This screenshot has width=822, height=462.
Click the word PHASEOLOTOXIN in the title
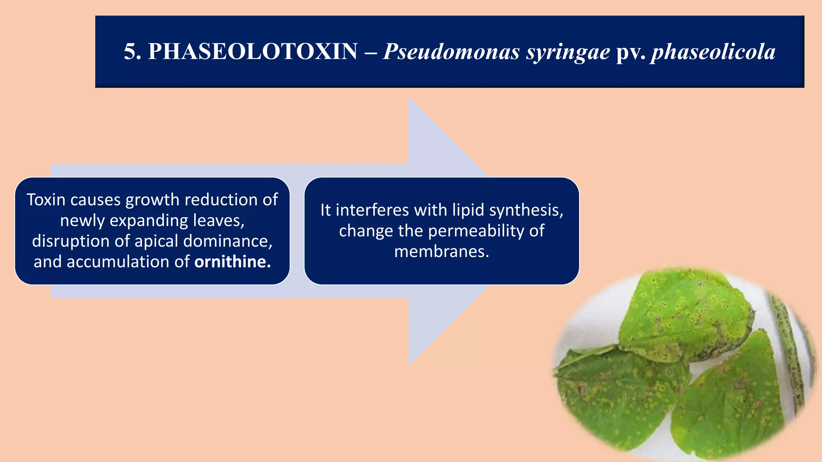252,52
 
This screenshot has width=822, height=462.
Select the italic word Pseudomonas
451,52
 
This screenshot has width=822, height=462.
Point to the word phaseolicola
713,52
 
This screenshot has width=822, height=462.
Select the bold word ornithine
232,262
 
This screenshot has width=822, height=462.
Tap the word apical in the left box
156,241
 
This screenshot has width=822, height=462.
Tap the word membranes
442,252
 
